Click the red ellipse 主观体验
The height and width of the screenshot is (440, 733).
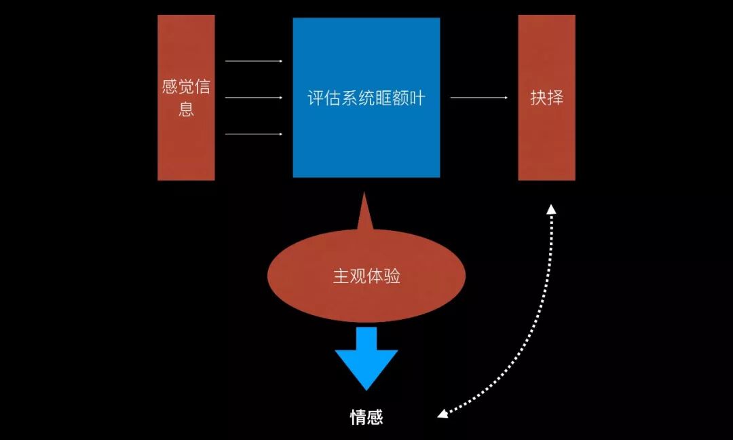coord(366,292)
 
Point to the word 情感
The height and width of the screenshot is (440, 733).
coord(366,417)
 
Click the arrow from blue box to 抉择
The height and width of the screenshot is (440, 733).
coord(478,98)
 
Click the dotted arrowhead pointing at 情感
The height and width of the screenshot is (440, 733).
coord(443,414)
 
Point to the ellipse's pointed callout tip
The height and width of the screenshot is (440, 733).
coord(364,197)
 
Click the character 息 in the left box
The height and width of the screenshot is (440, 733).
coord(186,109)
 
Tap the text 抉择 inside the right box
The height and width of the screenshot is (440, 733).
coord(546,98)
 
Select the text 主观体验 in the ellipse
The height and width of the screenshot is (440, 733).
coord(366,276)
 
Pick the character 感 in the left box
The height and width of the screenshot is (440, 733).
coord(169,88)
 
